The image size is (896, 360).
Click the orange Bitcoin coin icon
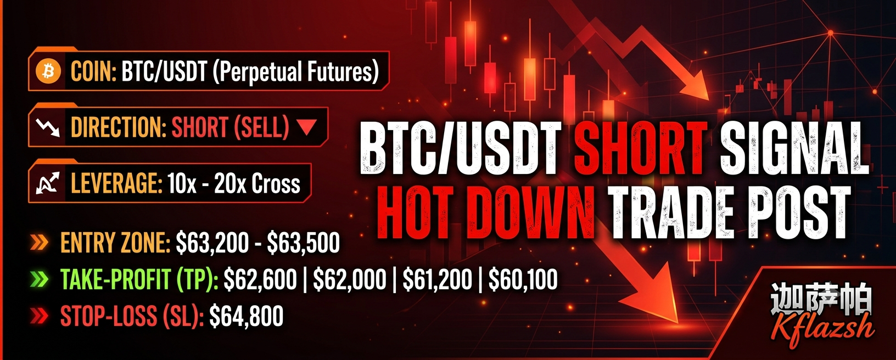point(48,72)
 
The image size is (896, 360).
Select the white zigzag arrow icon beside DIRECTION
point(48,128)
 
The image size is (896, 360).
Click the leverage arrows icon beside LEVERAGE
point(48,184)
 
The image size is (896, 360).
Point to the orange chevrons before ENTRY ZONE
point(39,243)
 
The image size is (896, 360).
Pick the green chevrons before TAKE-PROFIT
point(39,279)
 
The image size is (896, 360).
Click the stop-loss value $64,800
point(247,316)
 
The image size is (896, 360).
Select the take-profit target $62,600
point(260,279)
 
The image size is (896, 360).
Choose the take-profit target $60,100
point(523,279)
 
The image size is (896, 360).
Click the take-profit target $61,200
point(437,279)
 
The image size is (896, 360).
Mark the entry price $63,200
point(212,243)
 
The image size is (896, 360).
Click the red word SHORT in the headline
point(640,148)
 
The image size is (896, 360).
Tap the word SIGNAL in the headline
point(794,148)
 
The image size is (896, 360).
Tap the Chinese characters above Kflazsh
point(821,299)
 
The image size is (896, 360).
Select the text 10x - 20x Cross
point(234,184)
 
